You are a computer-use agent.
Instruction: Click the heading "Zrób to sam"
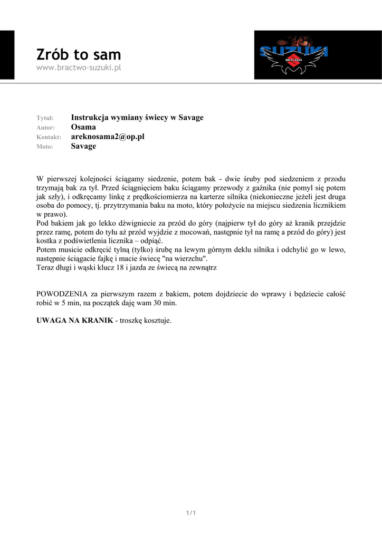[x=79, y=54]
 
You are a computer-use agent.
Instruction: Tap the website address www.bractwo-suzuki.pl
[x=79, y=68]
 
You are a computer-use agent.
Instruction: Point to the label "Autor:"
[x=45, y=128]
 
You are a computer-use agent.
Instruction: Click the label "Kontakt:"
[x=49, y=137]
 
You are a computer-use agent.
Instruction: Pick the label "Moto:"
[x=45, y=147]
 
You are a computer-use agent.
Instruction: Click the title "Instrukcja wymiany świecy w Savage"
[x=137, y=118]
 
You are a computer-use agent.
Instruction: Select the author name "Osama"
[x=83, y=127]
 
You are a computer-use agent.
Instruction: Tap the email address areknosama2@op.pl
[x=108, y=137]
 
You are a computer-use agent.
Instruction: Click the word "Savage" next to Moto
[x=83, y=146]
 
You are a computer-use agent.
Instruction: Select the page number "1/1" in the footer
[x=191, y=513]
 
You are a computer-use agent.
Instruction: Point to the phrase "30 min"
[x=165, y=303]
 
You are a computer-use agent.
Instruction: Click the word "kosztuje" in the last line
[x=156, y=321]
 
